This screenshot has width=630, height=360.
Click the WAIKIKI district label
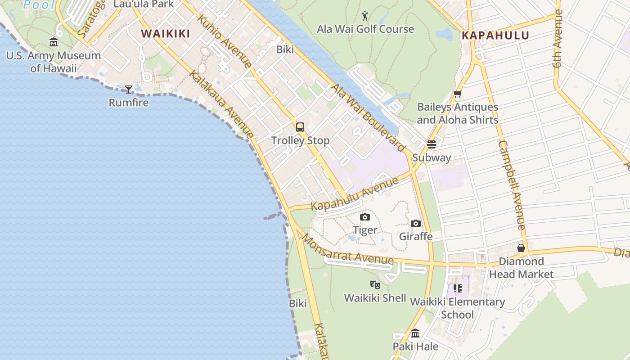[x=165, y=34]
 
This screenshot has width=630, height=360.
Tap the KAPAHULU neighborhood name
[x=495, y=36]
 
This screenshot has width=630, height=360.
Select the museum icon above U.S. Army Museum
[x=54, y=42]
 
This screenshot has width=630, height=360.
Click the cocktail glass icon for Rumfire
[x=129, y=90]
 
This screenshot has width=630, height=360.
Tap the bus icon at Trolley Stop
[x=300, y=127]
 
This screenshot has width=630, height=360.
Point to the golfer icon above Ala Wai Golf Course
[x=365, y=16]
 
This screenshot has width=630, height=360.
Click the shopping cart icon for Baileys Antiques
[x=458, y=94]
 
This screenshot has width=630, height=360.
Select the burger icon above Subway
[x=431, y=144]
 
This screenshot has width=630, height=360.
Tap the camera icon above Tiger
[x=365, y=217]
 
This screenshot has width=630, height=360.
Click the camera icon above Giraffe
[x=416, y=224]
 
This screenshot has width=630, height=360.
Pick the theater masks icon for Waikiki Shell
[x=375, y=285]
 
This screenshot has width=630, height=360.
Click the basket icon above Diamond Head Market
[x=521, y=248]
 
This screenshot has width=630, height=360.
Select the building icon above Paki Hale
[x=415, y=333]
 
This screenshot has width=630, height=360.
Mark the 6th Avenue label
[x=558, y=39]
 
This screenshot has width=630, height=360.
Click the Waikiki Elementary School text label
[x=457, y=308]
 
